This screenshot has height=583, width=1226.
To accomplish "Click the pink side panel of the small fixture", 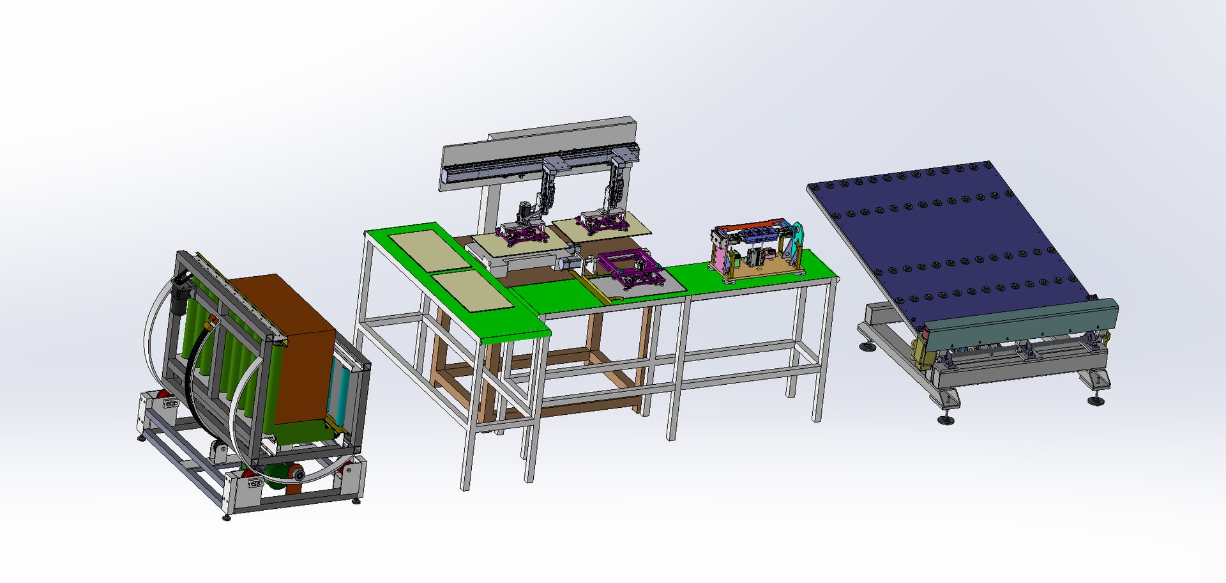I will pos(719,259).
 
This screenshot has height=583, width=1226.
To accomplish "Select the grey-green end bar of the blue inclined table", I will pos(1022,323).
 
